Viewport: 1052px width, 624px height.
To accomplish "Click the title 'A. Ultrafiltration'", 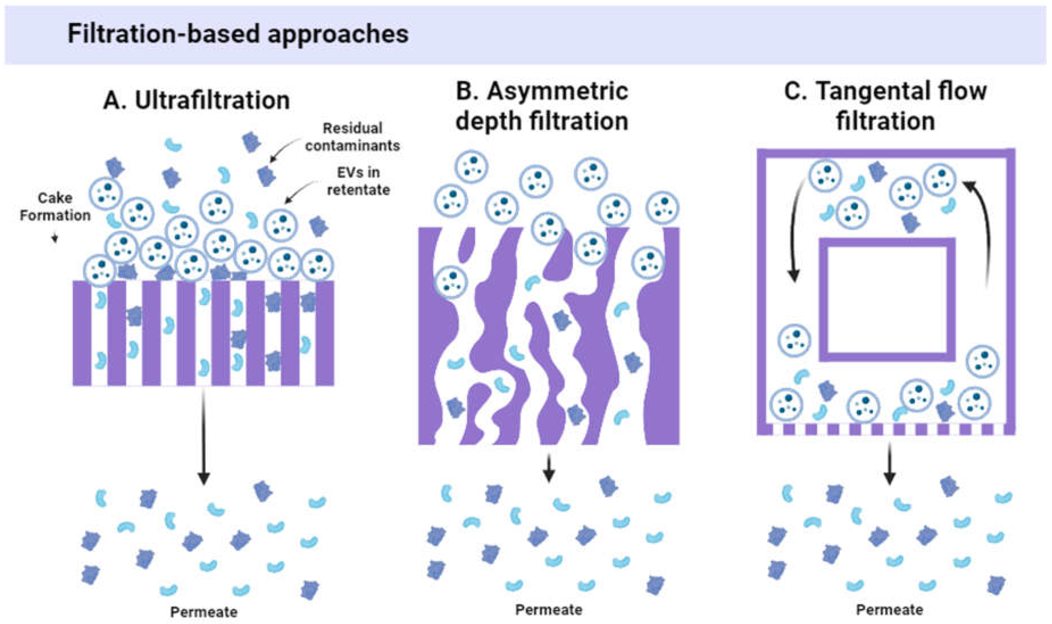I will (x=196, y=101).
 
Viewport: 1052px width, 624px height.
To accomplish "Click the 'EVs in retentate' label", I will (x=358, y=181).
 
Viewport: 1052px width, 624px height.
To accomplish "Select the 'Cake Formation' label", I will (x=55, y=206).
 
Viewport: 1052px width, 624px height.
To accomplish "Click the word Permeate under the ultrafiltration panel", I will (x=204, y=612).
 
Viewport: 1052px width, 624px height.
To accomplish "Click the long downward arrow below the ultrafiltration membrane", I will (x=204, y=437).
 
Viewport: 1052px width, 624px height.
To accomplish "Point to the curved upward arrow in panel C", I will (x=982, y=235).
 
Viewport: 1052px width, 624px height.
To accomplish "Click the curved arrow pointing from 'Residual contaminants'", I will (x=286, y=149).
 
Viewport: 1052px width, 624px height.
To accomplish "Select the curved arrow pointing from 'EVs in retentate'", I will (x=300, y=191).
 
